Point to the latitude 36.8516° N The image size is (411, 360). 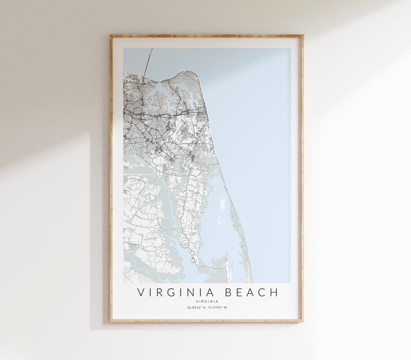(195, 308)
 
